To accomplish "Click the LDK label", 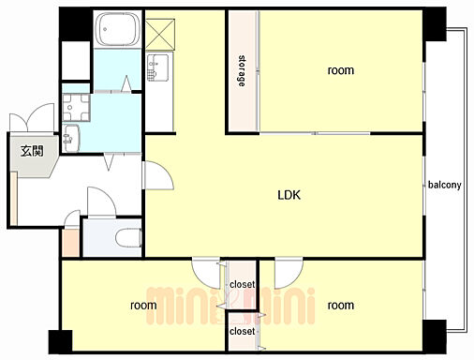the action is (x=289, y=195).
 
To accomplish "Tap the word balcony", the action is (x=445, y=185).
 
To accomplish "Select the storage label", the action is (x=242, y=71).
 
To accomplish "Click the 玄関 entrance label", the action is (x=32, y=151).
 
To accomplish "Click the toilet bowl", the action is (x=128, y=238).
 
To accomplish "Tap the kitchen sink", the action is (x=158, y=67).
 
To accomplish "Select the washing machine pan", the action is (x=76, y=108).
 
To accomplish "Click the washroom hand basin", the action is (x=71, y=138).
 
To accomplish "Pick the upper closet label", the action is (x=243, y=285).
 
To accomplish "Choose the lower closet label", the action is (x=243, y=331).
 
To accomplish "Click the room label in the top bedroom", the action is (x=341, y=70).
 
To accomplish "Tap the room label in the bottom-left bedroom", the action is (x=143, y=305).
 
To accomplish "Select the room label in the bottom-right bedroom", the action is (x=341, y=305).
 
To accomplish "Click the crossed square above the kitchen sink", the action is (x=160, y=34).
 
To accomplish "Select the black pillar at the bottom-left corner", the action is (x=61, y=342).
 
